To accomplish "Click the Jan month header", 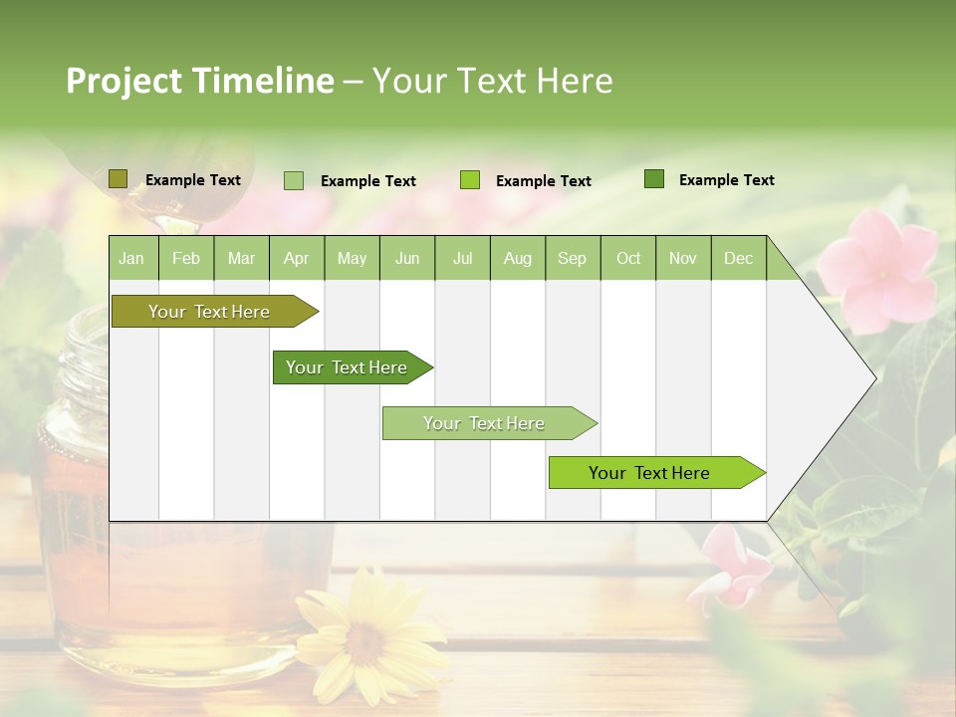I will coord(132,258).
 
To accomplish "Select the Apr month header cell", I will coord(297,258).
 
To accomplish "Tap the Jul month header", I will coord(463,258).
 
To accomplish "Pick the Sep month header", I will coord(573,258).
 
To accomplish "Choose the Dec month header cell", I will coord(739,258).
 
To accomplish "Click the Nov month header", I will coord(683,258).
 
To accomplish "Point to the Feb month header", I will coord(186,258).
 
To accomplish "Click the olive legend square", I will coord(118,179).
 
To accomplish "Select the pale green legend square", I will coord(294,180).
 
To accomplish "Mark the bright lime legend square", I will coord(470,180).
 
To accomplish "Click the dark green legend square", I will coord(654,179).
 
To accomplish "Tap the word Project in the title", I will coord(123,81).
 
